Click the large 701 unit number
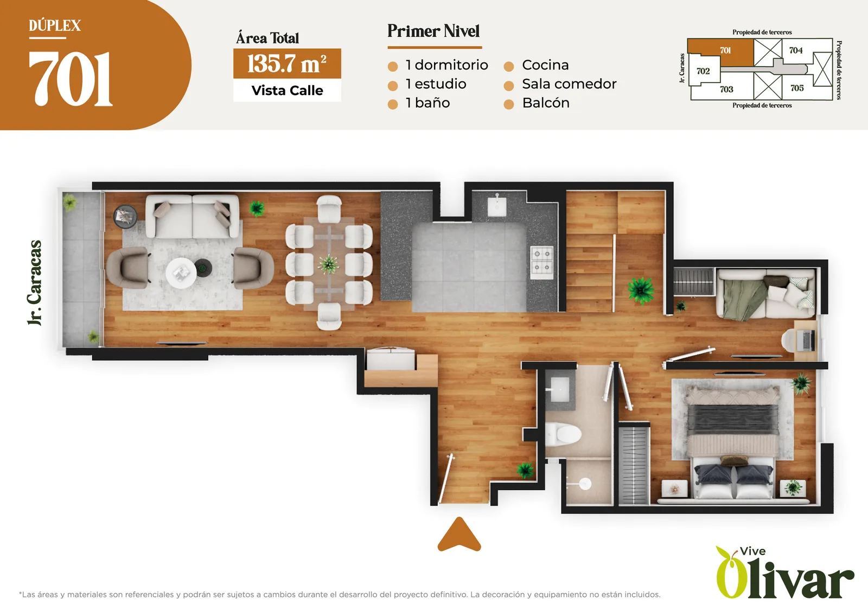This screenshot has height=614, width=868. (71, 79)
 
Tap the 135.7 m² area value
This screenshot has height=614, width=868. (287, 64)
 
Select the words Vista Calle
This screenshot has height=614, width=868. (287, 90)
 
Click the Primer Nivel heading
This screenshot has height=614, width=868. (433, 31)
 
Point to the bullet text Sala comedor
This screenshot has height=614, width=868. (569, 84)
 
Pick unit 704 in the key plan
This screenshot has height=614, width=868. (795, 50)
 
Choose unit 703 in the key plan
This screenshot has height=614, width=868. (726, 89)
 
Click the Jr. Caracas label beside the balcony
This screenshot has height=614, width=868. (35, 283)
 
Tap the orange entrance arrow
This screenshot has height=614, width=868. (459, 534)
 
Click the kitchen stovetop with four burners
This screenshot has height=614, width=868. (542, 262)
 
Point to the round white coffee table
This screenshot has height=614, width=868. (181, 273)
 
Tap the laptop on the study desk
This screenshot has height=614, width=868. (808, 340)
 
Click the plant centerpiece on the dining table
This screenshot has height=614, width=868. (329, 264)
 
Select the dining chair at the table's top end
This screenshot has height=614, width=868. (329, 209)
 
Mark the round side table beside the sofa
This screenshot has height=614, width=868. (125, 217)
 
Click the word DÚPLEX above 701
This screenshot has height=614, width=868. (55, 26)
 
